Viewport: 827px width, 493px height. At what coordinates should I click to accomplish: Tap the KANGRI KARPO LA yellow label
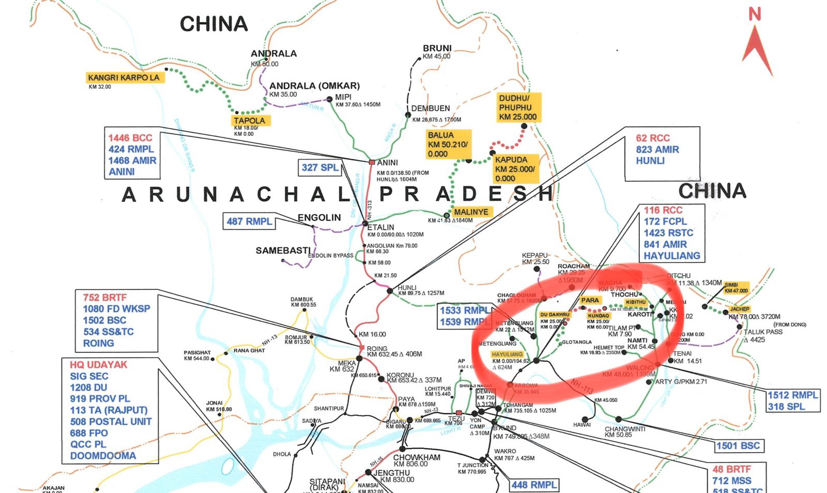point(124,78)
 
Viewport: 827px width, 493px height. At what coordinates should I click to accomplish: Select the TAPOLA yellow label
point(249,120)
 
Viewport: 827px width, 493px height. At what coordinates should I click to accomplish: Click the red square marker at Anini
point(372,162)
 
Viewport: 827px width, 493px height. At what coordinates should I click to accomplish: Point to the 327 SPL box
point(320,167)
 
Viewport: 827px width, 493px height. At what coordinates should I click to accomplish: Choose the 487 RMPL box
point(249,221)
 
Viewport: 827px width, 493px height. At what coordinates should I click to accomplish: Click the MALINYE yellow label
point(471,212)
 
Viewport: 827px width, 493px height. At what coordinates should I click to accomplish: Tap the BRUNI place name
point(437,48)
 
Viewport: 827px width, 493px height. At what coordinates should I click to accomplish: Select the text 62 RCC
point(652,138)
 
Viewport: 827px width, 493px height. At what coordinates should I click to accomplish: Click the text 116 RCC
point(663,210)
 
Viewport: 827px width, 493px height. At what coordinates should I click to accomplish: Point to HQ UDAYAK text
point(98,365)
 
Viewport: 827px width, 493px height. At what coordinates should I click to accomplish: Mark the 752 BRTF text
point(104,298)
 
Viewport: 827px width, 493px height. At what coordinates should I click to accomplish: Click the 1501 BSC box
point(738,445)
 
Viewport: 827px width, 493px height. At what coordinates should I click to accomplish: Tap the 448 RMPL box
point(534,485)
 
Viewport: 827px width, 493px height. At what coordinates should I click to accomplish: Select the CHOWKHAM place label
point(417,457)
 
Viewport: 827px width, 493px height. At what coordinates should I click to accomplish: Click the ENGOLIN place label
point(319,218)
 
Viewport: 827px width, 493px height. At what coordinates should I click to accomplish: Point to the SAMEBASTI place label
point(283,251)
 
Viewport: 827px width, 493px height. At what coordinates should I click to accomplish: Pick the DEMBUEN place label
point(431,109)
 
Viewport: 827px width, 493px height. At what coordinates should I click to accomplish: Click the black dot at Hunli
point(390,291)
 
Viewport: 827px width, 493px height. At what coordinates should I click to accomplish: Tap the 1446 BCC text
point(130,138)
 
